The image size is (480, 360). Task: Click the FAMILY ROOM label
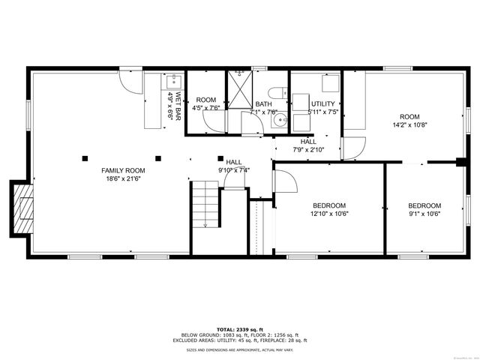pos(124,171)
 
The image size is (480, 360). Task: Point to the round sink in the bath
pos(280,118)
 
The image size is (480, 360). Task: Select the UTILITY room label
pos(323,104)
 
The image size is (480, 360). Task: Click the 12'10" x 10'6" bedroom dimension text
pos(329,214)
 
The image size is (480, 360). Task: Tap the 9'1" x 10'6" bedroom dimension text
pos(424,214)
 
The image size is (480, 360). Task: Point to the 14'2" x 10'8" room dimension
pos(409,124)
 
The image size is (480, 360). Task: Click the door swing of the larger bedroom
pos(283,181)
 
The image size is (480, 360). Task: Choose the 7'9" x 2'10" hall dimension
pos(308,149)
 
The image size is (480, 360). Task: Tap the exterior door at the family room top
pos(130,79)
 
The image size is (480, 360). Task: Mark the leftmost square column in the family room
pos(85,157)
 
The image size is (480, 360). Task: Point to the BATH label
pos(263,104)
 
